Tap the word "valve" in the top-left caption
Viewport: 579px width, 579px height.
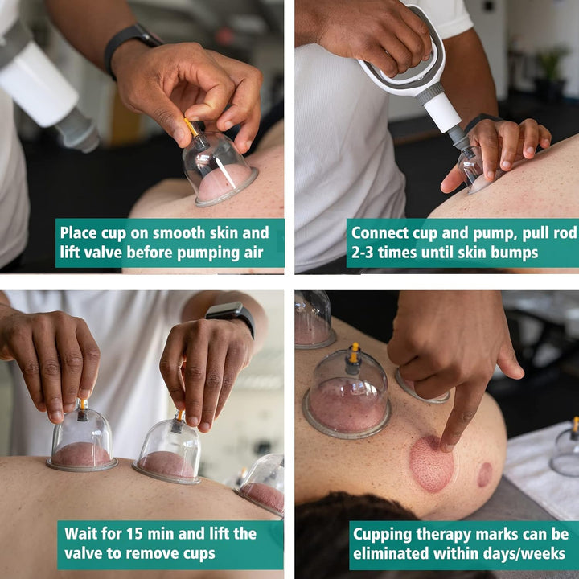pyautogui.click(x=104, y=253)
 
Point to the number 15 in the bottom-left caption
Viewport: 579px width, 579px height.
pyautogui.click(x=135, y=534)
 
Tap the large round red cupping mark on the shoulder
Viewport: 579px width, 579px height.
pyautogui.click(x=431, y=463)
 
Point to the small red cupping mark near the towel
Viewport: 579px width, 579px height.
pyautogui.click(x=485, y=474)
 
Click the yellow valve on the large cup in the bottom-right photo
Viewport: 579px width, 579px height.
pyautogui.click(x=355, y=352)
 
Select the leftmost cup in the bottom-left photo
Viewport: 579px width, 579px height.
pyautogui.click(x=82, y=438)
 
